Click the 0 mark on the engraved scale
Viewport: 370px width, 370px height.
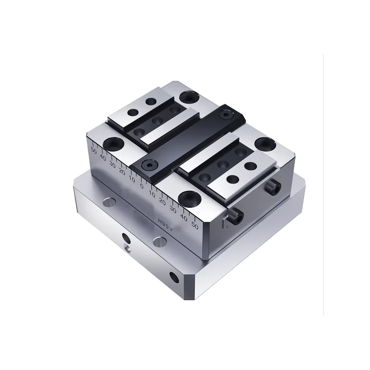[142, 185]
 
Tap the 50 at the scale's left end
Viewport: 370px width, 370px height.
[94, 150]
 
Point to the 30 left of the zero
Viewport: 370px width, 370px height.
[112, 164]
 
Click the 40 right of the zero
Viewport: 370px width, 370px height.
[184, 218]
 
